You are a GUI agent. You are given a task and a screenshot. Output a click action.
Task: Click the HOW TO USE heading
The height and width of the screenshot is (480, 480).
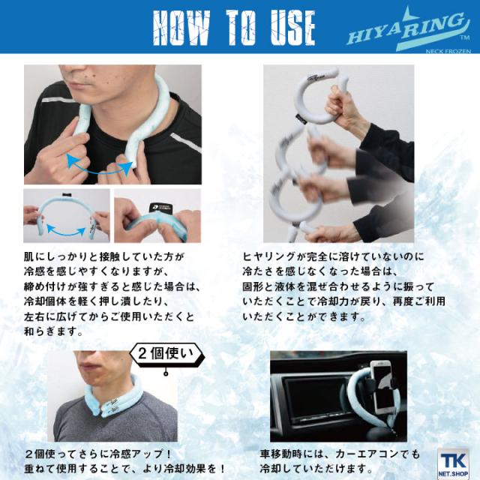pos(234,28)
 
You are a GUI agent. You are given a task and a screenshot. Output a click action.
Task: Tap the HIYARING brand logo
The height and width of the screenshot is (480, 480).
pos(408,31)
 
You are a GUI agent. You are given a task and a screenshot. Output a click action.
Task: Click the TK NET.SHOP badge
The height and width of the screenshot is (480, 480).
pos(453,463)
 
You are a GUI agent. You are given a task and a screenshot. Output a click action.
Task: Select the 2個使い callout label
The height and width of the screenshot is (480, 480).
pos(166,355)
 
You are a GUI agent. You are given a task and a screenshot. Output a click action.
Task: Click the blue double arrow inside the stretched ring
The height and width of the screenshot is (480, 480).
pos(66,230)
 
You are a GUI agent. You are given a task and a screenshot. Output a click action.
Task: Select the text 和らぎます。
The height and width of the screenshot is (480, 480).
pos(53,331)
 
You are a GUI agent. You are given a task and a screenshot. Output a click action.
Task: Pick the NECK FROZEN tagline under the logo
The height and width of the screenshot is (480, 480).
pos(448,51)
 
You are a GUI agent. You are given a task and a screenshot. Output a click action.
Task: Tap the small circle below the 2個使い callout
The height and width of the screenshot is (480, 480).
pos(166,373)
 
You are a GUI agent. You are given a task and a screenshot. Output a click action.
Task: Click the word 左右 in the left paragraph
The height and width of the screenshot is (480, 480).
pos(35,316)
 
